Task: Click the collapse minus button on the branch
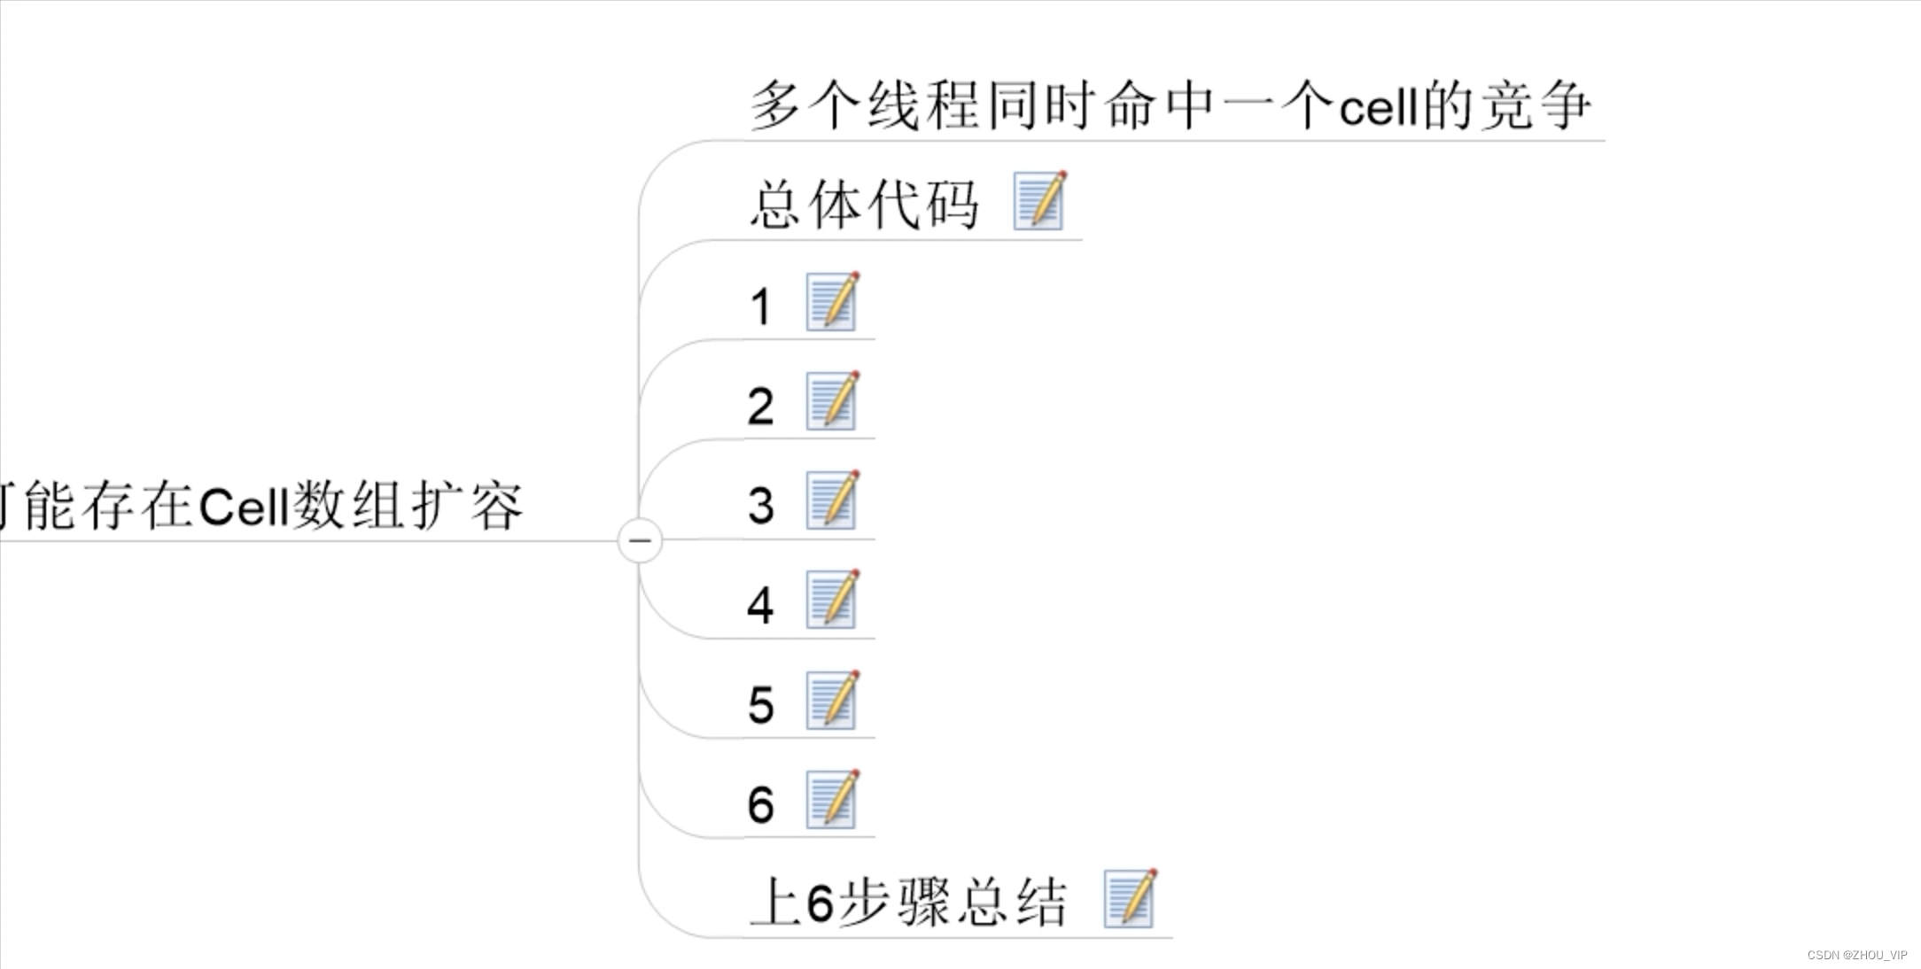[x=640, y=540]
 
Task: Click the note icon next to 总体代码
[x=1039, y=201]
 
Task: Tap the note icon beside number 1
[x=832, y=302]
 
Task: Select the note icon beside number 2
[x=832, y=401]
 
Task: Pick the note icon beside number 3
[x=832, y=500]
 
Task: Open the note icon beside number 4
[x=832, y=600]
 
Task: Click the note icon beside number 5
[x=832, y=700]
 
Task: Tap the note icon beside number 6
[x=832, y=799]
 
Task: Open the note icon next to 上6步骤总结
[x=1130, y=899]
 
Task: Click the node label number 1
[x=760, y=306]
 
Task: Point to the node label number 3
[x=760, y=505]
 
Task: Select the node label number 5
[x=760, y=705]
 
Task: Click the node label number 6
[x=760, y=804]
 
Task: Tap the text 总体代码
[x=864, y=205]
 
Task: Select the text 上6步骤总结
[x=908, y=903]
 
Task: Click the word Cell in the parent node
[x=244, y=507]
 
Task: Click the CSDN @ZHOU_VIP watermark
[x=1857, y=955]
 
